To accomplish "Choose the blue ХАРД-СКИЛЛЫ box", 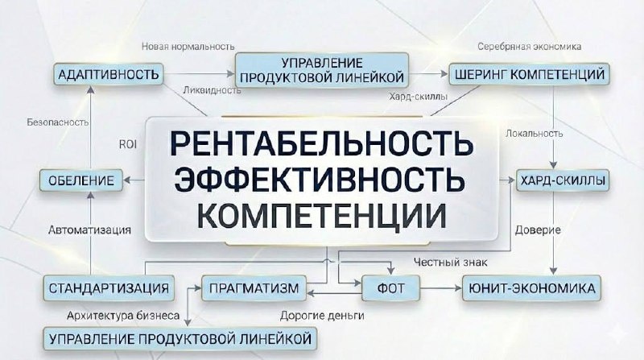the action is tap(563, 179).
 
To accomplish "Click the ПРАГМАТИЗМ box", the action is tap(254, 288).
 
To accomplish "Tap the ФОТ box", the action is tap(394, 288).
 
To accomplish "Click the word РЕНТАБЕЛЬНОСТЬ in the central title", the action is tap(320, 144).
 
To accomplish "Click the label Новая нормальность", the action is tap(188, 46).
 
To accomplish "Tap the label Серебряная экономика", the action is tap(529, 46).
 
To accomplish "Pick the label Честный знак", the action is tap(450, 262).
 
